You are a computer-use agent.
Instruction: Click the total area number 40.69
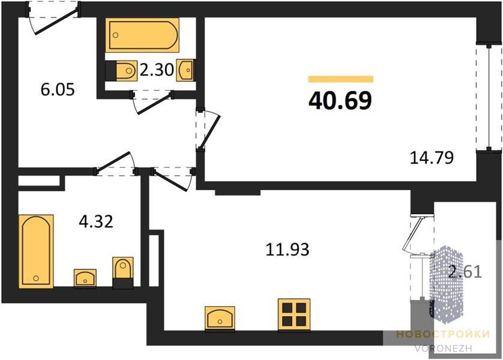point(340,100)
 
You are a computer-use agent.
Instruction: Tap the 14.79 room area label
point(432,158)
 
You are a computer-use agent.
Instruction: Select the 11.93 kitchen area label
point(288,250)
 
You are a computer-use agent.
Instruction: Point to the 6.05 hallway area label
point(58,89)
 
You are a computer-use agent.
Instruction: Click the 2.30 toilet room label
point(157,70)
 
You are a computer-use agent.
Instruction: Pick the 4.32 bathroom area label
point(96,221)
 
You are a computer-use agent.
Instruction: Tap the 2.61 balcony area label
point(465,272)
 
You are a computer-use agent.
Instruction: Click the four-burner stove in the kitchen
point(294,314)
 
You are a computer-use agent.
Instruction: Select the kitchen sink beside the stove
point(220,318)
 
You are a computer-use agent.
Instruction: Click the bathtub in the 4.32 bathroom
point(36,251)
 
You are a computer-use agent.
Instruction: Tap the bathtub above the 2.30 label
point(142,35)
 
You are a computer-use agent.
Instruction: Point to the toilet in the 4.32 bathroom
point(122,272)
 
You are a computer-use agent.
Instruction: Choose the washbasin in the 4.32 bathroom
point(85,278)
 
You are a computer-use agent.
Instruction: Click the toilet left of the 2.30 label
point(121,71)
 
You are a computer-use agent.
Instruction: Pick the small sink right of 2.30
point(185,70)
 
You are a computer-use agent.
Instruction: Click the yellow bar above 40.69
point(341,79)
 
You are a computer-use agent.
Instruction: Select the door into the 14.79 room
point(208,130)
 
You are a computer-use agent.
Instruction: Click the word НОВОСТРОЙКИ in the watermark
point(443,334)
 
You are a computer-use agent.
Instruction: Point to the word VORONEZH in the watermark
point(443,348)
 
